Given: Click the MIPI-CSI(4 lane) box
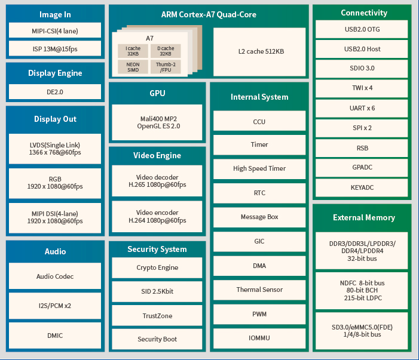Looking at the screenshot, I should [x=54, y=30].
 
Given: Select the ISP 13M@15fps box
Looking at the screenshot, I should [x=54, y=48].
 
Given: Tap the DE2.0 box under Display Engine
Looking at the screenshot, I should [x=54, y=92].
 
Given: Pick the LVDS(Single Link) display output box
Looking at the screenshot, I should [x=54, y=149].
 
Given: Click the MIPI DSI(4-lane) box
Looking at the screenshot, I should [x=54, y=217].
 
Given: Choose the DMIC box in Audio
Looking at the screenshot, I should [x=54, y=336].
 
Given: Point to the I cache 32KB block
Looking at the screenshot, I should [x=133, y=51].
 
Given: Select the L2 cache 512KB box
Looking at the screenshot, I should [x=261, y=51].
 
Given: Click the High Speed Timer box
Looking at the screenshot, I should [x=259, y=168].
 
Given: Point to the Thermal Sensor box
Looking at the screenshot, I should [x=259, y=290].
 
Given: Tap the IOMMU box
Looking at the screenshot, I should [x=259, y=338].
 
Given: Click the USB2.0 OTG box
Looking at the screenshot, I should [x=362, y=29].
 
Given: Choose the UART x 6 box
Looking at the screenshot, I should [x=362, y=108].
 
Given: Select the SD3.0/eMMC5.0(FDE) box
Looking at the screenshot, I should [x=362, y=331].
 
